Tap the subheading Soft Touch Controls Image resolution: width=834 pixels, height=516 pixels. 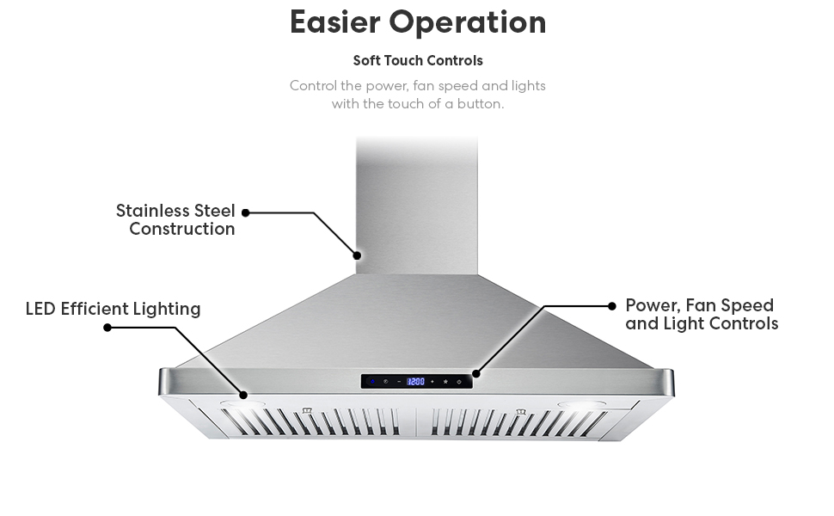[x=418, y=61]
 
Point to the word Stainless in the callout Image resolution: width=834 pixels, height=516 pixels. [x=152, y=211]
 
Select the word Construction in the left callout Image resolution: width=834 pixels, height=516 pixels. [x=182, y=230]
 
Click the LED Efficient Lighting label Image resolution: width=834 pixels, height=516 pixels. [x=113, y=309]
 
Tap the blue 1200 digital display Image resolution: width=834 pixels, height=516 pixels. [x=415, y=381]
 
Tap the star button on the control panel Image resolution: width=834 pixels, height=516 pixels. [x=445, y=381]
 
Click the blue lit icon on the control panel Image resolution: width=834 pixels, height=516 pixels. [x=371, y=381]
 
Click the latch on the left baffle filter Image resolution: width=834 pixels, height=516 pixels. [x=307, y=411]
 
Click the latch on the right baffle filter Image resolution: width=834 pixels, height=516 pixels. [x=521, y=413]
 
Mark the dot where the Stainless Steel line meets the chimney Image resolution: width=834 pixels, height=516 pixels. [x=357, y=255]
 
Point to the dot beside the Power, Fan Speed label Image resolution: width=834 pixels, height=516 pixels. [x=612, y=305]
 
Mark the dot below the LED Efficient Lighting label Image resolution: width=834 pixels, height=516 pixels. [x=107, y=328]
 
